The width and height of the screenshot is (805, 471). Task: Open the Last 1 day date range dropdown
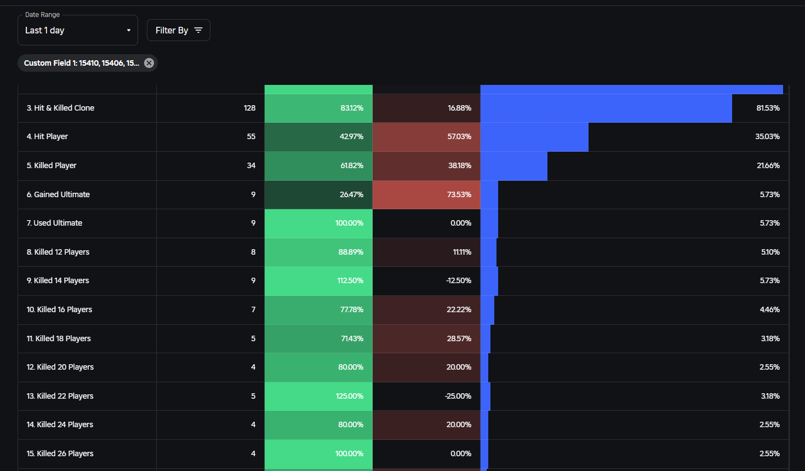[x=77, y=31]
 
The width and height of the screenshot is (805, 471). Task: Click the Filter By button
[x=178, y=31]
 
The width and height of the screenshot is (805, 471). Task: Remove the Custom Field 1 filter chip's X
[x=149, y=63]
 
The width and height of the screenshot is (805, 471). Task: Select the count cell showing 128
[x=249, y=108]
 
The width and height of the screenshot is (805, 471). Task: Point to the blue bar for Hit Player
[x=534, y=137]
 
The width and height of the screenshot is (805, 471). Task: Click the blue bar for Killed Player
[x=513, y=166]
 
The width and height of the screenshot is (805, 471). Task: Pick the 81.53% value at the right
[x=768, y=108]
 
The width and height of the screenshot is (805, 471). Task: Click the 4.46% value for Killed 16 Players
[x=769, y=309]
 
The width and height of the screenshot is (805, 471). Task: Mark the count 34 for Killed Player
[x=251, y=165]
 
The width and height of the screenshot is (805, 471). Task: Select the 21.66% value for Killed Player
[x=768, y=165]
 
